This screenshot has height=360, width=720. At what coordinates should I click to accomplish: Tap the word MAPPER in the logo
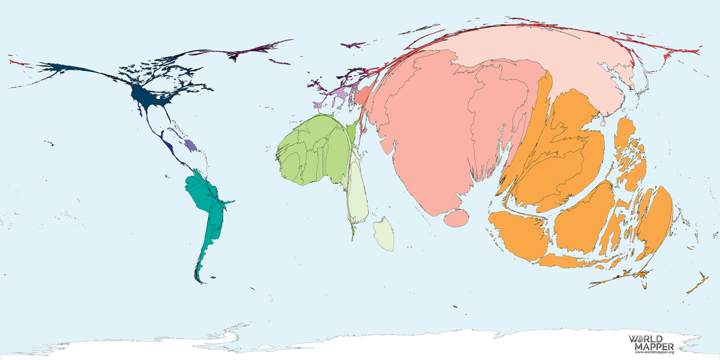[654, 346]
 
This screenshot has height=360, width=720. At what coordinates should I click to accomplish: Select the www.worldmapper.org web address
[654, 352]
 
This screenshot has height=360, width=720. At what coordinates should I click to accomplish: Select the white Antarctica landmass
[375, 343]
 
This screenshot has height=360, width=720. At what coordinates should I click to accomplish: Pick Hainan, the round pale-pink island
[603, 123]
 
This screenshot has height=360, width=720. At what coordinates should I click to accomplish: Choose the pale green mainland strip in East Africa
[358, 187]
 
